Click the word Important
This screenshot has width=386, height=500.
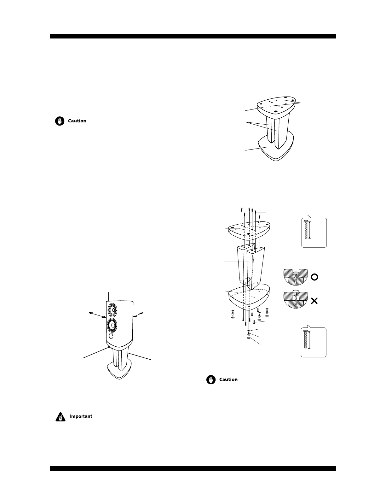click(81, 416)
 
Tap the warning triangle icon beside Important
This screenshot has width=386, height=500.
click(60, 417)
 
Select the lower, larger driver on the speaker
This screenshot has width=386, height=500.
click(112, 325)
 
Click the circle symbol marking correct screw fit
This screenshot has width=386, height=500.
click(314, 277)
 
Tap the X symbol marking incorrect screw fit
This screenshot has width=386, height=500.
click(314, 301)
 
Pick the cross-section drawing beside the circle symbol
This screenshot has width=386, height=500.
click(296, 277)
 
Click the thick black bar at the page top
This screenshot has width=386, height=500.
click(193, 36)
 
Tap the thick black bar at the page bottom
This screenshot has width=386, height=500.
click(193, 468)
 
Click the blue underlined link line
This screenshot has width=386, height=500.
click(62, 497)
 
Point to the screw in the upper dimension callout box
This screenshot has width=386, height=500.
click(306, 229)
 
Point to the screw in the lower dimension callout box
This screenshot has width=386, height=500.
click(305, 339)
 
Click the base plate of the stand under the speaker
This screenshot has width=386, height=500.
click(119, 370)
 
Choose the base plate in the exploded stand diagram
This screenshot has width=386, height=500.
click(249, 297)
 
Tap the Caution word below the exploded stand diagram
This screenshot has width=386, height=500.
click(228, 379)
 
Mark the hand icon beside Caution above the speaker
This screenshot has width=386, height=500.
click(60, 121)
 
